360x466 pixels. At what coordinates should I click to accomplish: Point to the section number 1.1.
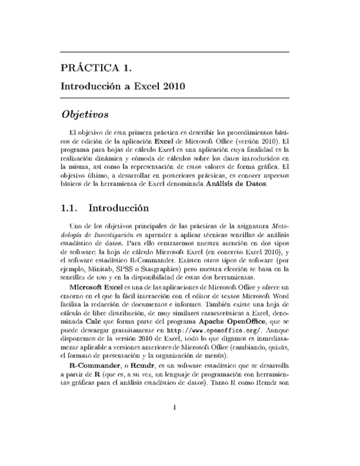[70, 208]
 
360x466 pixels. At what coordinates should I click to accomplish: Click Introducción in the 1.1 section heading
[119, 208]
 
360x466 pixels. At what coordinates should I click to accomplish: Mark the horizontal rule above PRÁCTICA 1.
[174, 53]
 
